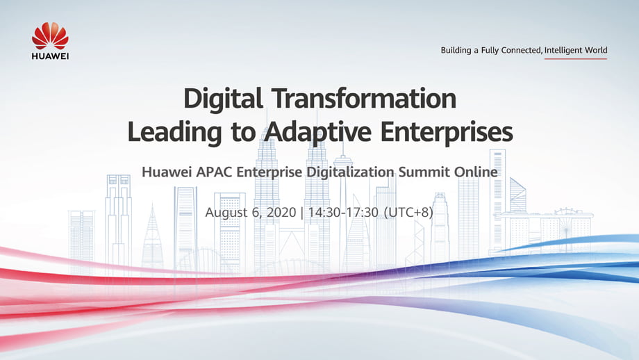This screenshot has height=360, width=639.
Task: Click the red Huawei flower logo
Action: [50, 35]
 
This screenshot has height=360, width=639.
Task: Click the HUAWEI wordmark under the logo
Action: [50, 56]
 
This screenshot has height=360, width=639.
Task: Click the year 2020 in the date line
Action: [281, 212]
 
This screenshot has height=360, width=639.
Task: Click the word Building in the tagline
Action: [456, 51]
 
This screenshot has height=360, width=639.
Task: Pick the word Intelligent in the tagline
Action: [564, 51]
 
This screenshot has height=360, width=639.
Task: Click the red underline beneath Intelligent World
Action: [575, 59]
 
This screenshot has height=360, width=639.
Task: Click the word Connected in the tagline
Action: [521, 51]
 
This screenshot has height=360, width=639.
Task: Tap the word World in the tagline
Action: [596, 51]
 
